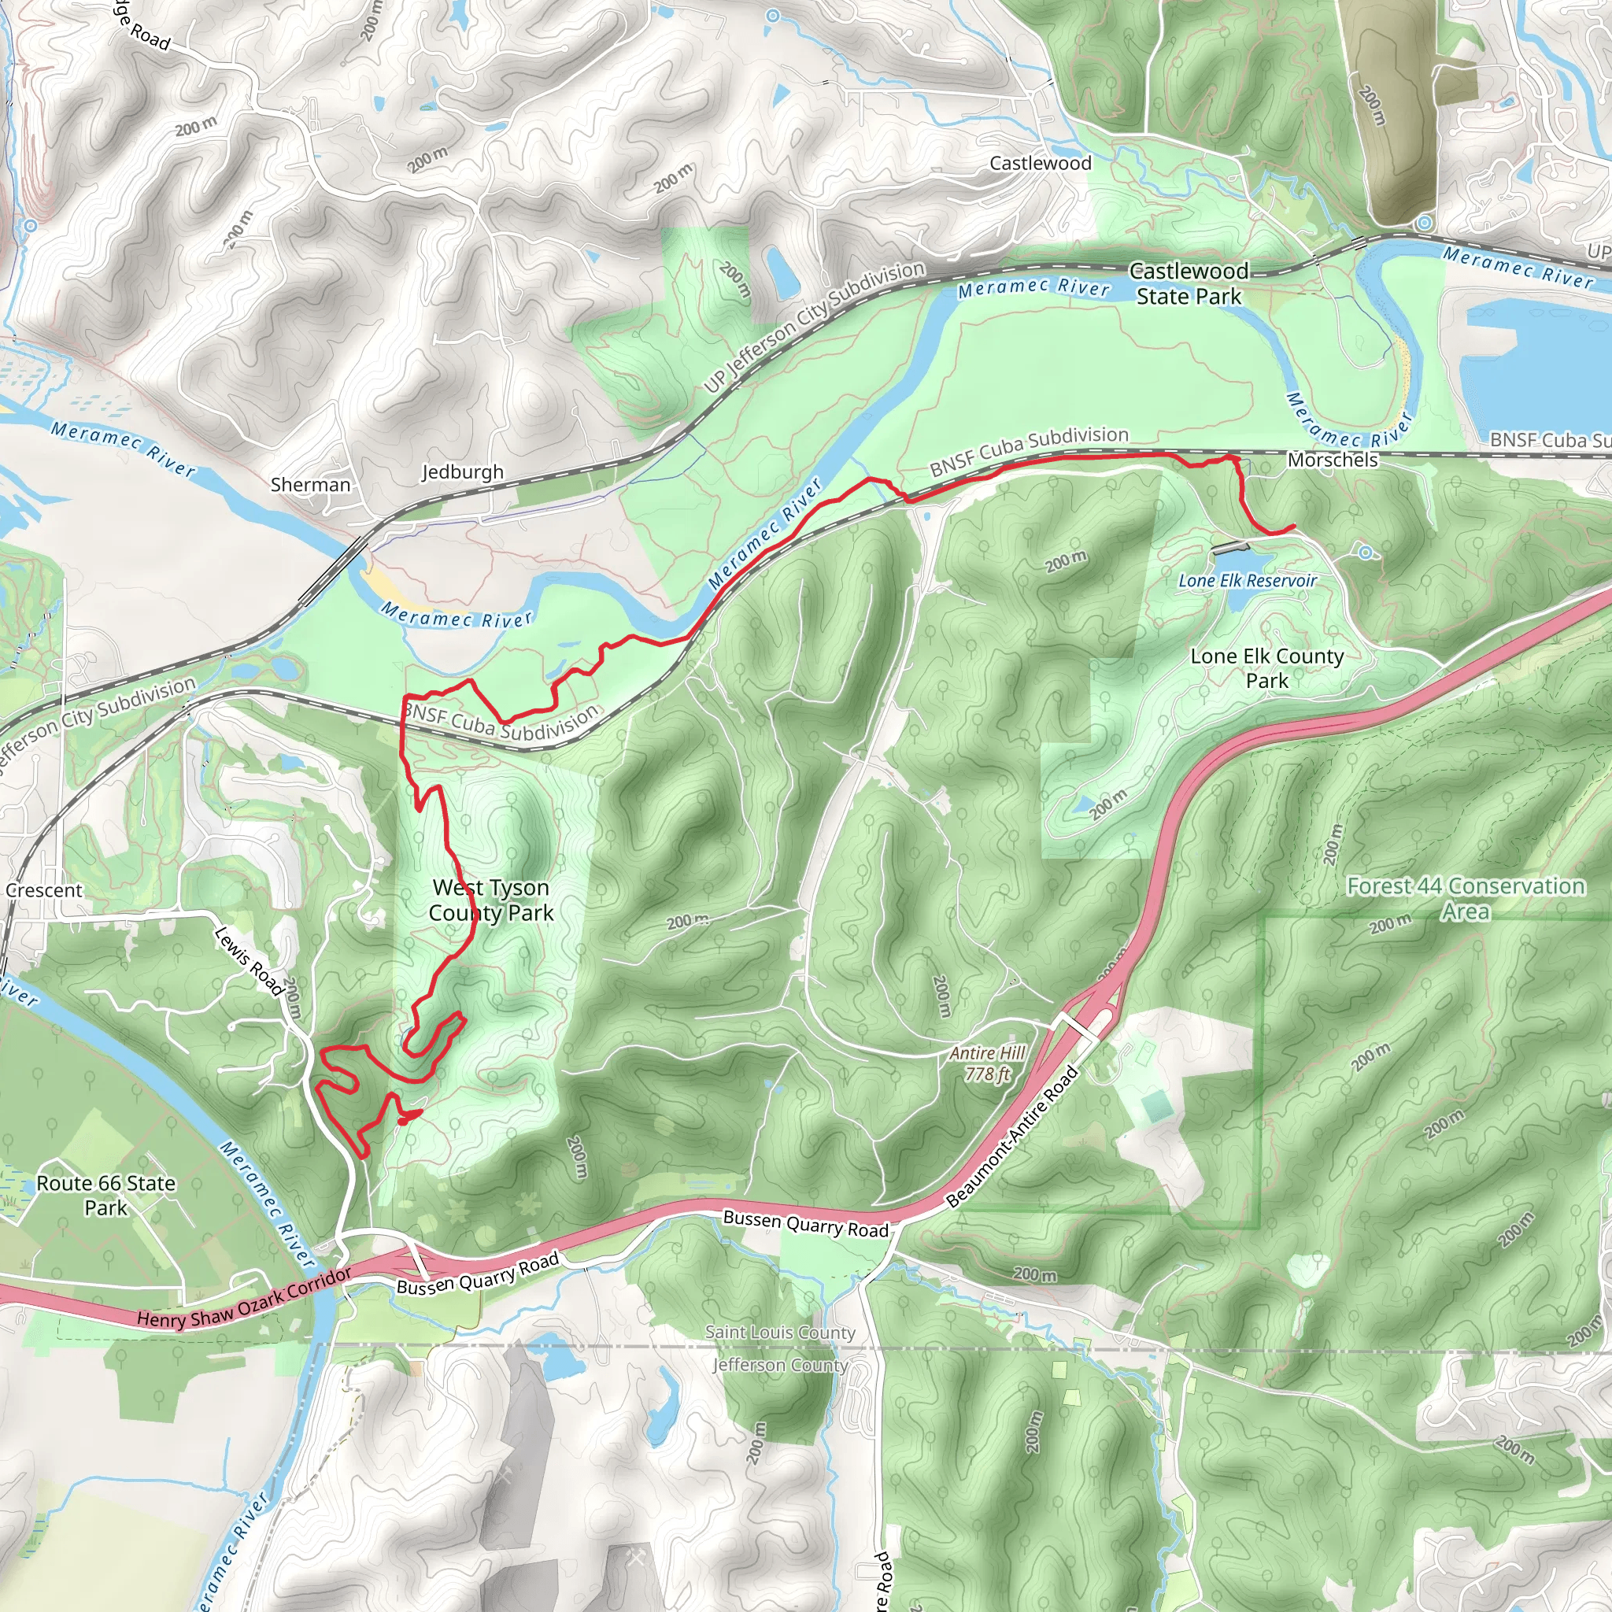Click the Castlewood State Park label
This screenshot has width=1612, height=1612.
[1188, 283]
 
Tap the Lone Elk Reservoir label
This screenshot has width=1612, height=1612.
[1248, 581]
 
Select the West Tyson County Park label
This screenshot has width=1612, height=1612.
[490, 900]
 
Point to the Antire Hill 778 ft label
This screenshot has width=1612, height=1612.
[987, 1064]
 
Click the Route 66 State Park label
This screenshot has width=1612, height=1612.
[106, 1195]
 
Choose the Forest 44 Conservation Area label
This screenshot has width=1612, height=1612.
[1466, 899]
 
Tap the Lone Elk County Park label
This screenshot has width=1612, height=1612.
[1266, 668]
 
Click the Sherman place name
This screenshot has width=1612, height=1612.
[310, 485]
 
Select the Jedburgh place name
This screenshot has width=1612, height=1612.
[462, 472]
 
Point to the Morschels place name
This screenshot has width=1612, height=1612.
[1333, 460]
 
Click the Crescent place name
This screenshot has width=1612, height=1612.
[44, 890]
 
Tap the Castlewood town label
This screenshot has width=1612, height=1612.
[1040, 164]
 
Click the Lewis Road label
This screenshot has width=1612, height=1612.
[249, 961]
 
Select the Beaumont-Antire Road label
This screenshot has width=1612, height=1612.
[1012, 1137]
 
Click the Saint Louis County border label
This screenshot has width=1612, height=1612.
[780, 1333]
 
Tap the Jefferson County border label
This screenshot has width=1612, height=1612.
[780, 1365]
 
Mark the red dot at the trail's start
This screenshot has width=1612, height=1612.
[403, 1121]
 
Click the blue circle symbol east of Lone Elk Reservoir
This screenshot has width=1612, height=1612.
[1365, 553]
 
